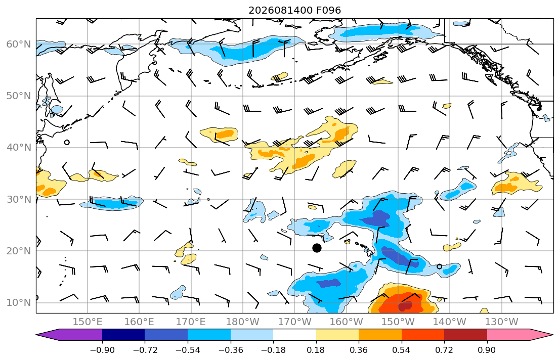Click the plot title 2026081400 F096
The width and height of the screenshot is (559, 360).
(294, 10)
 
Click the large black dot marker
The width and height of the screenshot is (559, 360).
(317, 248)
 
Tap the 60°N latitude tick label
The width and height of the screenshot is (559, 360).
(19, 44)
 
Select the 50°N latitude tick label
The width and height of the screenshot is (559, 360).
(19, 96)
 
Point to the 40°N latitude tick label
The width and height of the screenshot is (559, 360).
(19, 148)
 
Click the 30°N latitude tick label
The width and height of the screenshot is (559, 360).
(19, 199)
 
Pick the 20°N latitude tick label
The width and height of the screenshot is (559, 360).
(19, 251)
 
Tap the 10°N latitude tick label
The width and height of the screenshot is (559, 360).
(19, 303)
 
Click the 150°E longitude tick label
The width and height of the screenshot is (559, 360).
(88, 322)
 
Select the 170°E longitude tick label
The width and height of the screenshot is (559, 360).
(191, 322)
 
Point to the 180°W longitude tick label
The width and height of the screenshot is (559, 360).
(243, 322)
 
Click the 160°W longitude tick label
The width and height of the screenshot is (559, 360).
(347, 322)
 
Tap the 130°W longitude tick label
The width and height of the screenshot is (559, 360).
(502, 322)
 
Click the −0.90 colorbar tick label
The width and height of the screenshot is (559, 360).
(102, 350)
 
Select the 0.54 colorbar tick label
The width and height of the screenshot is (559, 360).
(402, 350)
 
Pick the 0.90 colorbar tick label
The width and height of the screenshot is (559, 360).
(487, 350)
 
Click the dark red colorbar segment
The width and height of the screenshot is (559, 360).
(465, 335)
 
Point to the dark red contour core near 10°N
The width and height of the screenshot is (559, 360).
(405, 306)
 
